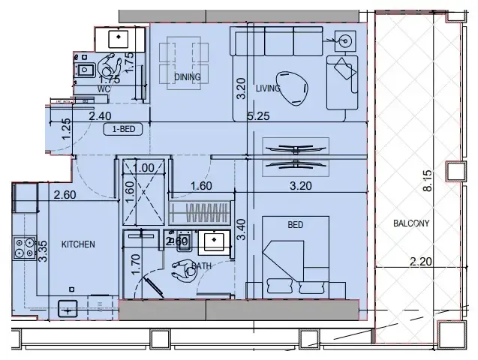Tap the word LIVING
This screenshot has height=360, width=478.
click(x=268, y=88)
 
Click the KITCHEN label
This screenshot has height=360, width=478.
click(x=77, y=244)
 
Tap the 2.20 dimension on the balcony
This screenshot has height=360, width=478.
click(x=422, y=262)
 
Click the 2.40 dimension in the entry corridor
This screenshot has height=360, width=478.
click(x=101, y=115)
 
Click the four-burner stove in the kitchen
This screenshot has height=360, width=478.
click(x=23, y=248)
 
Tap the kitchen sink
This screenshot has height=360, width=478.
click(x=68, y=307)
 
